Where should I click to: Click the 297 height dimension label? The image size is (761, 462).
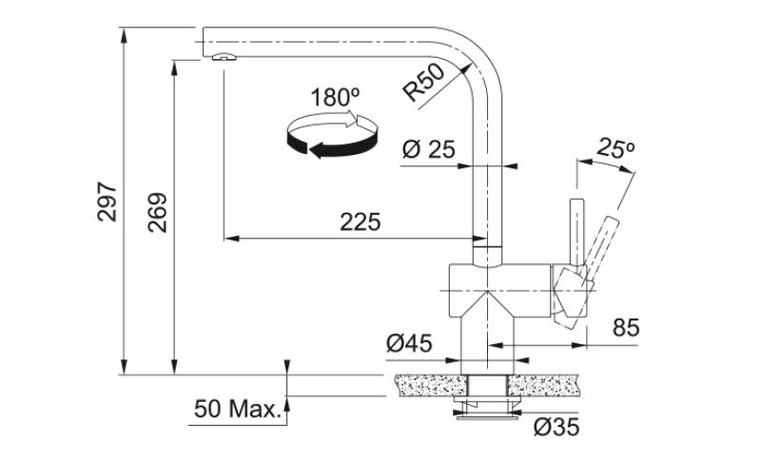[107, 201]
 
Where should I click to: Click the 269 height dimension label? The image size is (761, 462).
[158, 214]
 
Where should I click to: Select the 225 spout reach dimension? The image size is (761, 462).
[360, 222]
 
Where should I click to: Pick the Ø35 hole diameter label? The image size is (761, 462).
[556, 428]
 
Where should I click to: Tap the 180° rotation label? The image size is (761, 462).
[334, 97]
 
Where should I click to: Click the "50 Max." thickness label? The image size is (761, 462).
[238, 411]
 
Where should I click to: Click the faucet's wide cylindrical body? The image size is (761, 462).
[495, 289]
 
